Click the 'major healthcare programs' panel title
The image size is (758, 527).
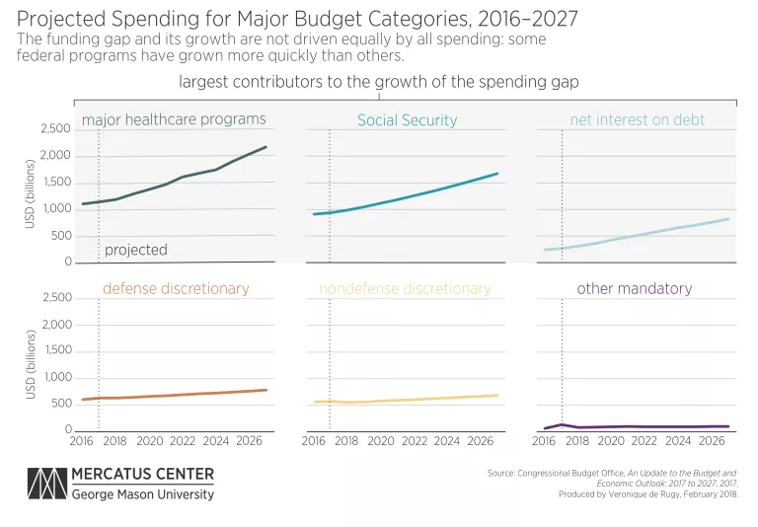[174, 119]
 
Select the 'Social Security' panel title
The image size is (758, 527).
[407, 120]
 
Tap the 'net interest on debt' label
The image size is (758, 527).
[638, 120]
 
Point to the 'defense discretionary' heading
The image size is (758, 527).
[176, 289]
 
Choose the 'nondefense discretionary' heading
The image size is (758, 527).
[405, 289]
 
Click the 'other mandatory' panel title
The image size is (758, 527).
[634, 289]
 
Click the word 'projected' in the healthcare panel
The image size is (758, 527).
[135, 250]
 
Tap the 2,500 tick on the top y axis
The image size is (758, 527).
[54, 129]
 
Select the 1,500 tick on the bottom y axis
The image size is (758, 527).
[54, 350]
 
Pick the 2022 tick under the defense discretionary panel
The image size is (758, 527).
[184, 441]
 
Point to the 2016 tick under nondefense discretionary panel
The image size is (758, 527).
[313, 441]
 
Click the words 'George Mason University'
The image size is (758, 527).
[142, 494]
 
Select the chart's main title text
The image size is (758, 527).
[297, 19]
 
